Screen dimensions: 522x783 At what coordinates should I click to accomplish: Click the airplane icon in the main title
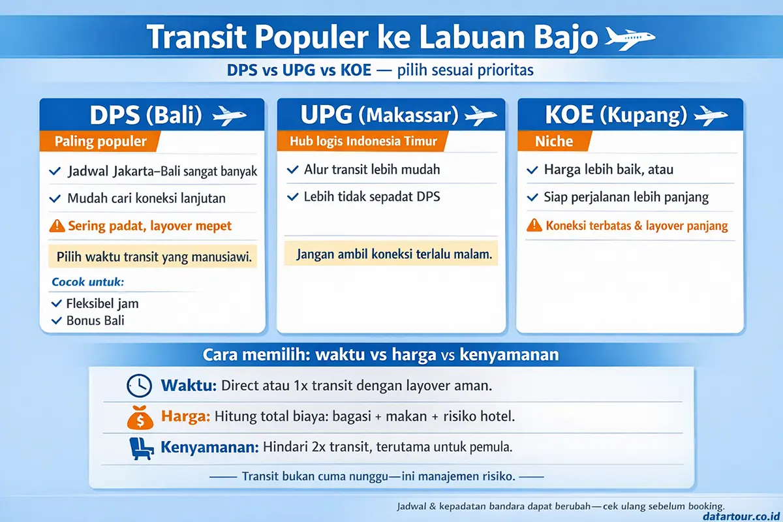[x=630, y=38]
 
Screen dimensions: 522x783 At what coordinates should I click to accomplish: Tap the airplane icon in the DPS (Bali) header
[x=230, y=116]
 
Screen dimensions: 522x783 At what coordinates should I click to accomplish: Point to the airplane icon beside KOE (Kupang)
[x=711, y=116]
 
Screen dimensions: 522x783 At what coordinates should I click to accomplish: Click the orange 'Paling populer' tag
[x=99, y=142]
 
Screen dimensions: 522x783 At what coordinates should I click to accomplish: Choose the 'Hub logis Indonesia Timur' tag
[x=364, y=141]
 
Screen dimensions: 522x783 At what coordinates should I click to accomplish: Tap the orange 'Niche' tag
[x=553, y=142]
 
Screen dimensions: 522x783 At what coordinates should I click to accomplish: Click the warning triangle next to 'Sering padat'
[x=57, y=226]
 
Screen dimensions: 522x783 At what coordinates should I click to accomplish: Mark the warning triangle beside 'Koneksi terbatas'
[x=534, y=226]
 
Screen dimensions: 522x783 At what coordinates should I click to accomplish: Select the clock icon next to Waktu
[x=139, y=386]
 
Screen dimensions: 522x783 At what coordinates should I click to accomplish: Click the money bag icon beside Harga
[x=139, y=417]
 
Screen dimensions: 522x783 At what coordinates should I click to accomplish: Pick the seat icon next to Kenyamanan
[x=139, y=448]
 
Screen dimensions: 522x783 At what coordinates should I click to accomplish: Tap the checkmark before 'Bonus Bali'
[x=56, y=320]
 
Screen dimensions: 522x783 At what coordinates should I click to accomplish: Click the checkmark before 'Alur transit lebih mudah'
[x=293, y=170]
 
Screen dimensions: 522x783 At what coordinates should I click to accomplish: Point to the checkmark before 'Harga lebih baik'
[x=533, y=170]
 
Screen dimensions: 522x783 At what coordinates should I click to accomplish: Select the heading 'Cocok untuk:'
[x=87, y=283]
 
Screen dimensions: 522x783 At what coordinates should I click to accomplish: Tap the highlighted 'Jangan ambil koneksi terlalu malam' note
[x=391, y=254]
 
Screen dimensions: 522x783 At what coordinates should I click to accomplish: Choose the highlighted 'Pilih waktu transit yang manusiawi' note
[x=154, y=256]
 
